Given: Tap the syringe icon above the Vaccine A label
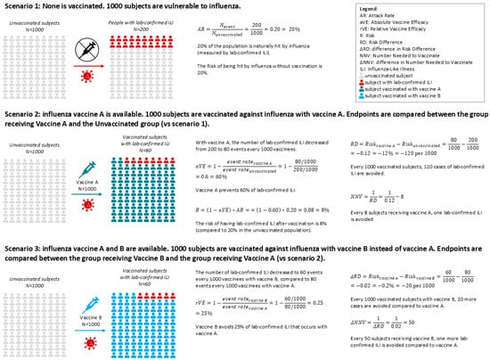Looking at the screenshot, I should coord(87,171).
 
